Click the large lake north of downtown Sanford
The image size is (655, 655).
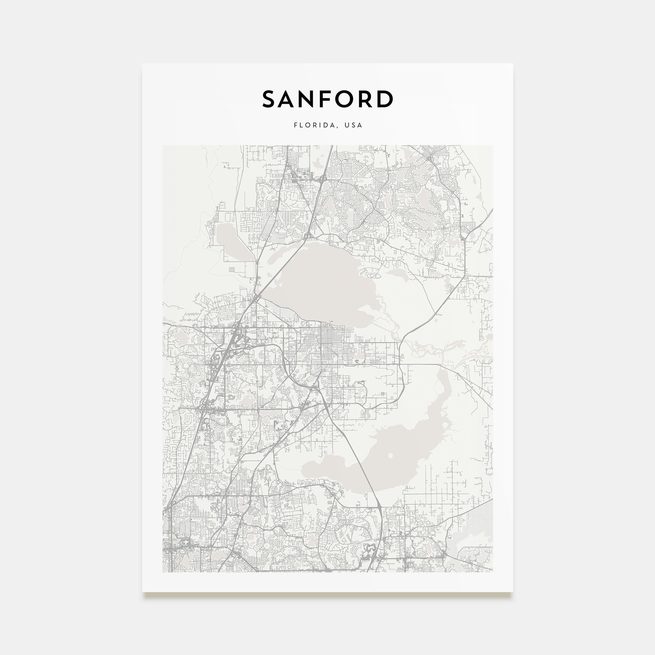tap(322, 281)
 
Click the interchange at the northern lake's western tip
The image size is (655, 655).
tap(257, 298)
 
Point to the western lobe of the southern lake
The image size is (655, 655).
tap(326, 470)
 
